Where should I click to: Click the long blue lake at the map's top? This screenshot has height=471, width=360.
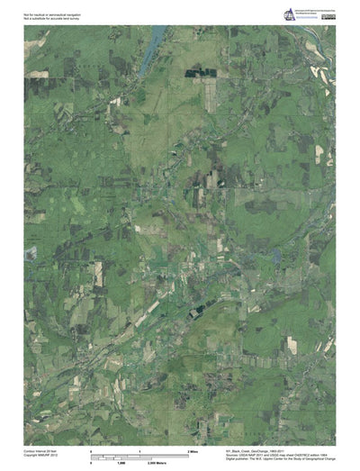[x=157, y=38]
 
